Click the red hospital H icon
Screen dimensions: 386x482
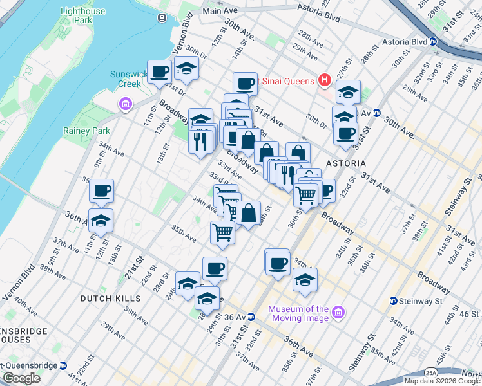click(x=325, y=80)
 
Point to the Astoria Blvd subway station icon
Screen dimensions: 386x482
click(x=434, y=42)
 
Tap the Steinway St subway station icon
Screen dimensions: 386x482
click(x=393, y=300)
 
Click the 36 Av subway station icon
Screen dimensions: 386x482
click(x=251, y=317)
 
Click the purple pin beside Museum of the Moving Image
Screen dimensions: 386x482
click(x=339, y=314)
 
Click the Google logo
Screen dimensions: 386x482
click(x=21, y=378)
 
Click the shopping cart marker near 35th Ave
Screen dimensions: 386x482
click(x=222, y=232)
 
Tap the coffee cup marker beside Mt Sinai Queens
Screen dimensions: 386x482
click(x=245, y=84)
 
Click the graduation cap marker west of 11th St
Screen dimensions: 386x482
click(x=100, y=220)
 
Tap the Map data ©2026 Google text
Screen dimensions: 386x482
click(x=442, y=381)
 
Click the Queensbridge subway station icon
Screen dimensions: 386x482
click(x=63, y=365)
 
